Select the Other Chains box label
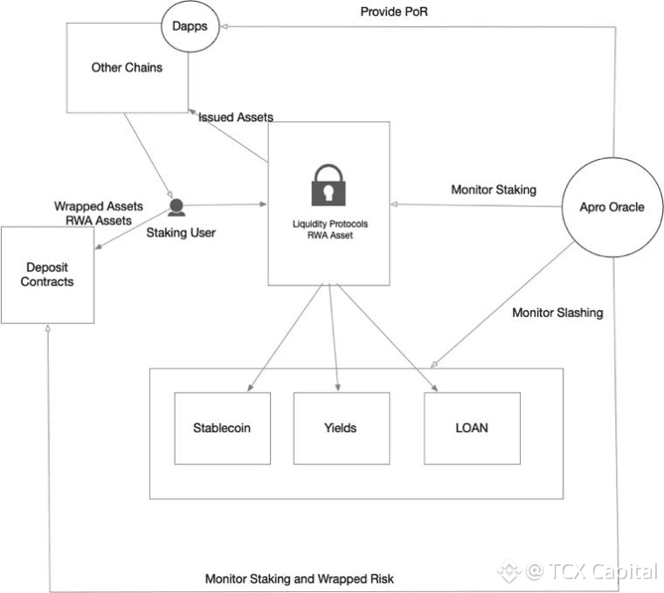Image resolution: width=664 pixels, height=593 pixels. click(127, 67)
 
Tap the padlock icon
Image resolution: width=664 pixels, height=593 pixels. click(329, 183)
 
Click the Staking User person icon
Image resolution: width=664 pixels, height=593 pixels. click(176, 207)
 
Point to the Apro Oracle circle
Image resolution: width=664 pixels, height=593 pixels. click(612, 207)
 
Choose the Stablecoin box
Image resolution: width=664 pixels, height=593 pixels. click(222, 428)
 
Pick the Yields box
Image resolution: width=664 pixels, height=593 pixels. click(340, 428)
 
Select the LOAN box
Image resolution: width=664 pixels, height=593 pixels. click(472, 428)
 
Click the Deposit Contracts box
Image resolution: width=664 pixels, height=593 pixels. click(48, 274)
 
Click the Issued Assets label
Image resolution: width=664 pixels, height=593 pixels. click(236, 117)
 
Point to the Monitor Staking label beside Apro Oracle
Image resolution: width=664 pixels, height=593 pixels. click(494, 190)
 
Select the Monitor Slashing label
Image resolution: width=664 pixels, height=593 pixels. click(557, 312)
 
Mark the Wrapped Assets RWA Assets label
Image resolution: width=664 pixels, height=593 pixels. click(98, 214)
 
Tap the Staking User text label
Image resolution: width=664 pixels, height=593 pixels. click(181, 232)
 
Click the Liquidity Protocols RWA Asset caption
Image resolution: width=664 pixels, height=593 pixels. click(329, 230)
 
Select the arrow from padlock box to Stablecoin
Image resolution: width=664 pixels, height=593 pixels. click(283, 337)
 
